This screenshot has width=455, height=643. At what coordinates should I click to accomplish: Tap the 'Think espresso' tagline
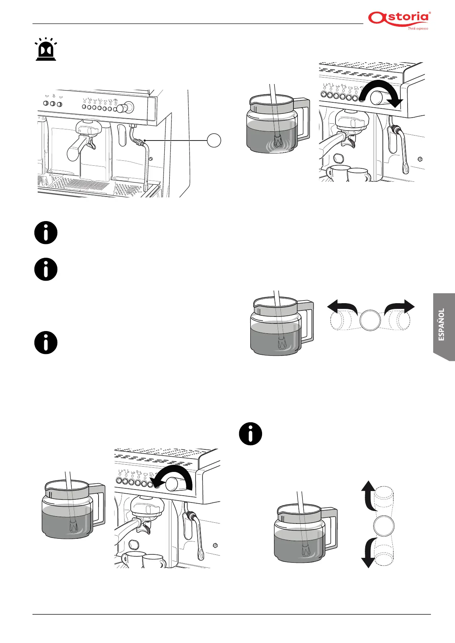click(x=418, y=28)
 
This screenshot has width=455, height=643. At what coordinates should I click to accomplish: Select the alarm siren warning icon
click(x=46, y=50)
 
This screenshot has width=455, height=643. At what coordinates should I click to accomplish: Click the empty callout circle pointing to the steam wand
click(x=214, y=141)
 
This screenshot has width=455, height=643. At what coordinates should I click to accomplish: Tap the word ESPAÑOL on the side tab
click(x=442, y=325)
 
